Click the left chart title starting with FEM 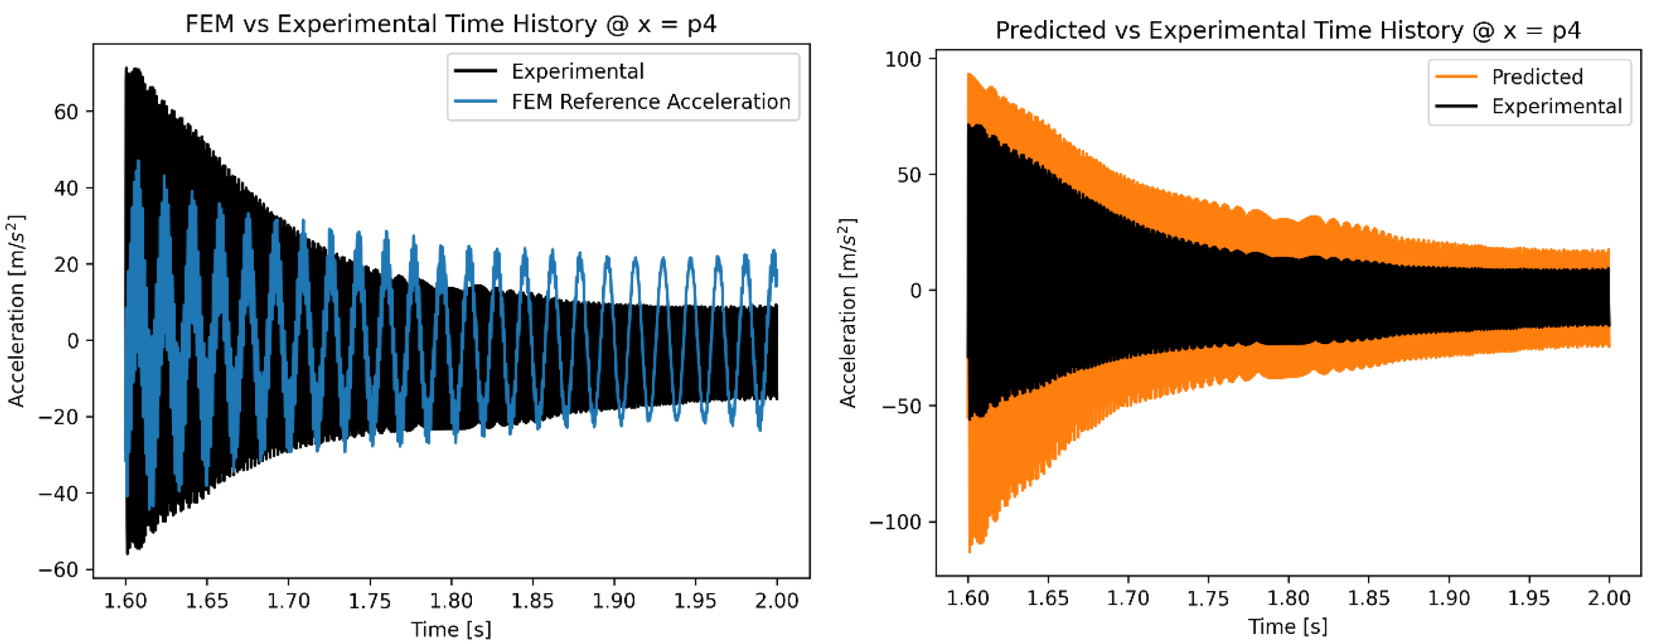tap(450, 25)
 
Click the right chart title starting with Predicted tap(1288, 31)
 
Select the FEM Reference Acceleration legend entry tap(650, 102)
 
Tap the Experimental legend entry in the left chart tap(577, 72)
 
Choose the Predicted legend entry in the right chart tap(1536, 77)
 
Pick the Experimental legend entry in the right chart tap(1556, 106)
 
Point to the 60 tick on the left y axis tap(65, 112)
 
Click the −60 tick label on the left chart tap(58, 570)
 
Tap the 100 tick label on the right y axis tap(903, 59)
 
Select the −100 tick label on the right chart tap(895, 522)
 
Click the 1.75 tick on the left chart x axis tap(369, 601)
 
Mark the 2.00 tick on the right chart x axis tap(1609, 598)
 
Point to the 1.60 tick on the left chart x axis tap(125, 601)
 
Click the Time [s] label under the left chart tap(450, 629)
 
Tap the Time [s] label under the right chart tap(1288, 626)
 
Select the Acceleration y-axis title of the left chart tap(16, 311)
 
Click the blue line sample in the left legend tap(475, 102)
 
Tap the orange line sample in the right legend tap(1456, 77)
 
